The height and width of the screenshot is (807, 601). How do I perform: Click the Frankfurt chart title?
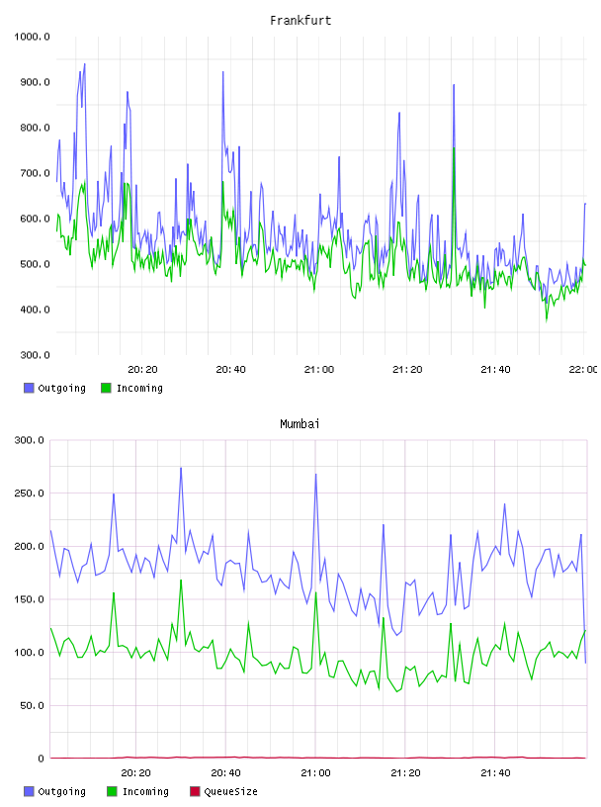click(x=300, y=20)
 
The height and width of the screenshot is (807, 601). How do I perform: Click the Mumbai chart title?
click(x=300, y=423)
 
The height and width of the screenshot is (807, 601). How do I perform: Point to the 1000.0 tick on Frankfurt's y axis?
click(x=32, y=37)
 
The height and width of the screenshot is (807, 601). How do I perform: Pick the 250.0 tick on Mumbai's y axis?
click(x=29, y=493)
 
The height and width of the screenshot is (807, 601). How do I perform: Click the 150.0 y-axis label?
click(x=29, y=599)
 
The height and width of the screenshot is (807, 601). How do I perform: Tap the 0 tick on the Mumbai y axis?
click(x=41, y=759)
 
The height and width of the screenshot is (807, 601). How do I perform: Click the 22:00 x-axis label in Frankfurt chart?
click(x=583, y=370)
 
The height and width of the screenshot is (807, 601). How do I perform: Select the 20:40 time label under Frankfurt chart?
click(x=230, y=370)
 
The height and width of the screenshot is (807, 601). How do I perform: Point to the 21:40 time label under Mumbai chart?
click(x=495, y=773)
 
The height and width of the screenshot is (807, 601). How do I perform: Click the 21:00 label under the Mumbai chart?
click(x=315, y=773)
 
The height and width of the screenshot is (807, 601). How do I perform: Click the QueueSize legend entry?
click(x=223, y=791)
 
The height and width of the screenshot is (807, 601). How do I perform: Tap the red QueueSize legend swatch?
click(x=195, y=791)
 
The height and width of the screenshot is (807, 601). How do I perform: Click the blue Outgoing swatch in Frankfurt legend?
click(x=29, y=388)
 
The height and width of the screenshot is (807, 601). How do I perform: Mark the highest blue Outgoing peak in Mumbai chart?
click(x=181, y=468)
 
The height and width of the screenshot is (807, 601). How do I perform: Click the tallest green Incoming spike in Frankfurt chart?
click(x=454, y=148)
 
